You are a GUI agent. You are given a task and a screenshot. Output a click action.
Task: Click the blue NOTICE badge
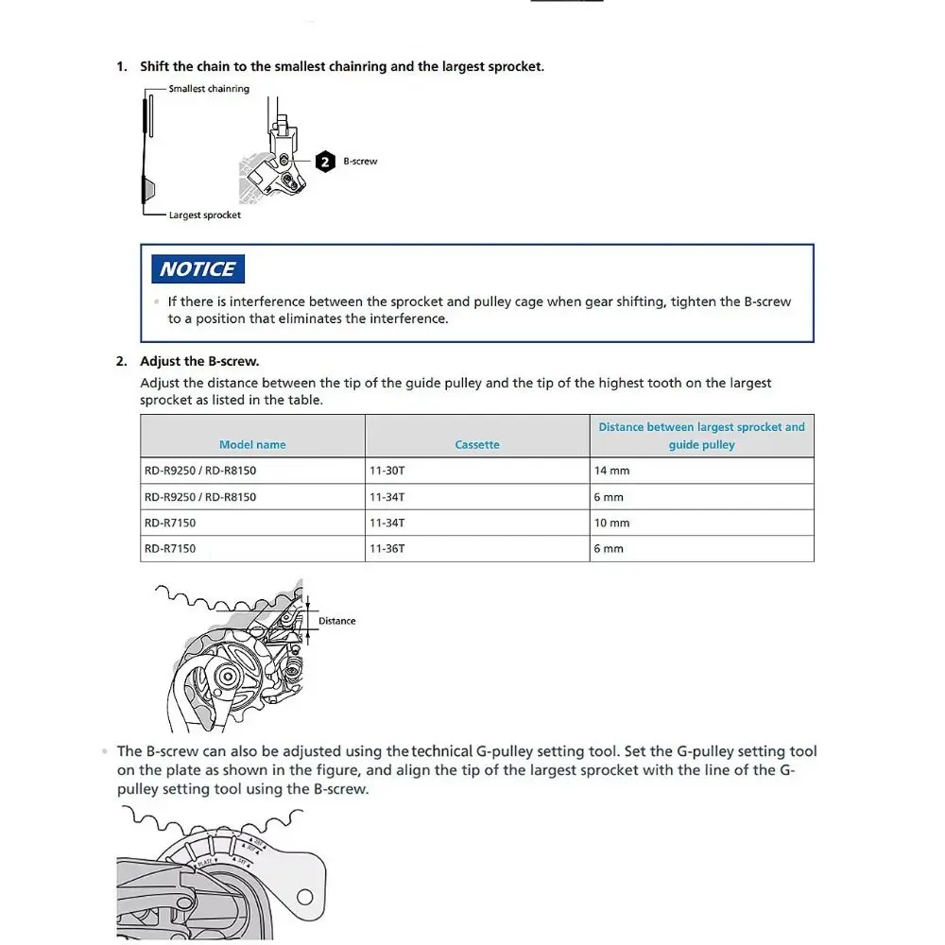coord(198,269)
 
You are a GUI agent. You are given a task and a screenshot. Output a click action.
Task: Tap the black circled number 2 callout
coord(325,162)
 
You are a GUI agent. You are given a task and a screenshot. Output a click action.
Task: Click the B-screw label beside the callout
coord(360,162)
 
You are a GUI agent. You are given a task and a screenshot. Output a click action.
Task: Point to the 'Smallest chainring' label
coord(209,89)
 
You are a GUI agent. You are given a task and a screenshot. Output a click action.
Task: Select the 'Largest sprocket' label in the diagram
coord(204,215)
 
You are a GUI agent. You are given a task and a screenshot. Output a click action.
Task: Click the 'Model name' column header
coord(252,445)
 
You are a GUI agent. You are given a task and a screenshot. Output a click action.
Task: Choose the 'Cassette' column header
coord(477,445)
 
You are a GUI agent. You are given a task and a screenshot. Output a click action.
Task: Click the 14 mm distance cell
coord(611,471)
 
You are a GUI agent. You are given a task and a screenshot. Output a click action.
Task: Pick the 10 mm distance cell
coord(611,523)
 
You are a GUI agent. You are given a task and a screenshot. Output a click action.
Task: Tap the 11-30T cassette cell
coord(387,471)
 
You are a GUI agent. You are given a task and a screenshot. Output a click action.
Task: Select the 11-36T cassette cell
coord(387,548)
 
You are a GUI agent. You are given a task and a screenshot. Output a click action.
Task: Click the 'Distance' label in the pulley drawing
coord(336,621)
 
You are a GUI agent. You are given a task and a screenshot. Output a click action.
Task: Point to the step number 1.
coord(121,67)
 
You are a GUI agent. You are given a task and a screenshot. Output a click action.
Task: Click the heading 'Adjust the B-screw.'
coord(199,361)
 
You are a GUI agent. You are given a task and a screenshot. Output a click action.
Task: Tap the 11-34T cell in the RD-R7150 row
coord(387,523)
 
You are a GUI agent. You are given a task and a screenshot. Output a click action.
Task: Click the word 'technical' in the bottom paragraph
coord(441,752)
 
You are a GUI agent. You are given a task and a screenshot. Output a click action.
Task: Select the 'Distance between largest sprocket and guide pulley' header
coord(701,436)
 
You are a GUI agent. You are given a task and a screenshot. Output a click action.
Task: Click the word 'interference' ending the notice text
coord(413,318)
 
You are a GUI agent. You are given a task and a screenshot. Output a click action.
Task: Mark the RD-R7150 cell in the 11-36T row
coord(170,548)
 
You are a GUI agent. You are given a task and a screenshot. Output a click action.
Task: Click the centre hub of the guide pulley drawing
coord(227,677)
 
